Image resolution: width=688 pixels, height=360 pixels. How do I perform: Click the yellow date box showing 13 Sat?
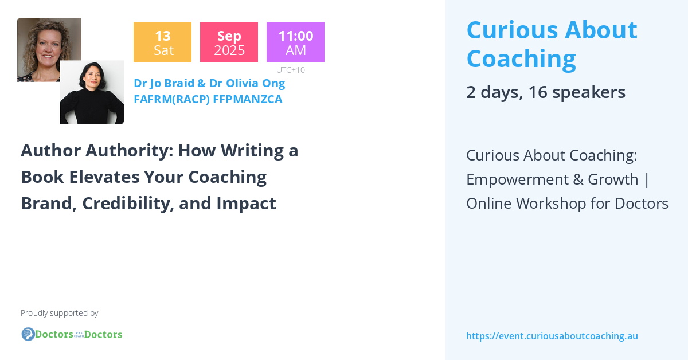162,42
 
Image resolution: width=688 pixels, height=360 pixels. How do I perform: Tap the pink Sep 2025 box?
229,42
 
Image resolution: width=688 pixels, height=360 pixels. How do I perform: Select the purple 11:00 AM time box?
295,42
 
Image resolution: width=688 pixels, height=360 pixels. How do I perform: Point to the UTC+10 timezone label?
291,70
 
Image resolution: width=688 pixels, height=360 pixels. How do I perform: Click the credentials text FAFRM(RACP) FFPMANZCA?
208,99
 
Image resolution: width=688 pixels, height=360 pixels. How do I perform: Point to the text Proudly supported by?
59,313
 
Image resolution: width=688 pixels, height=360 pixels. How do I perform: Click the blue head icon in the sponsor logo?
28,334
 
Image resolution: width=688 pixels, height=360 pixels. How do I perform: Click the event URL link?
552,336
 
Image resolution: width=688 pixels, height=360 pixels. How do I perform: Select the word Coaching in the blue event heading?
521,58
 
